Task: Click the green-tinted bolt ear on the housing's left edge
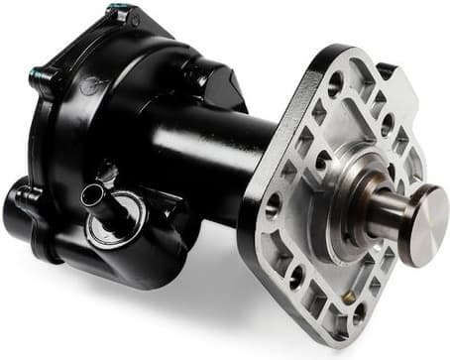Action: (38, 75)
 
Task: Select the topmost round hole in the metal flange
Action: (335, 78)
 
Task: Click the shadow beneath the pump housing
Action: (149, 298)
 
